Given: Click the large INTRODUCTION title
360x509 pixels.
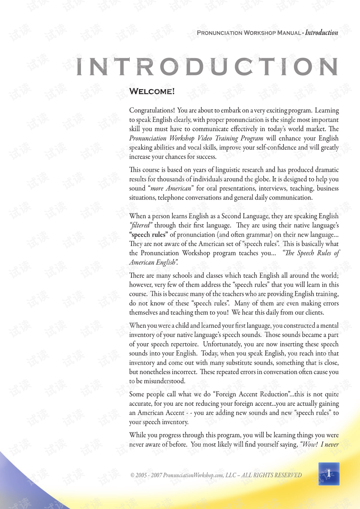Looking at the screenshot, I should click(x=207, y=67).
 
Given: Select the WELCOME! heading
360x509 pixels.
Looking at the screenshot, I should click(x=152, y=92).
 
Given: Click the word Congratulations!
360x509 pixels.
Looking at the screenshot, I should click(x=152, y=110).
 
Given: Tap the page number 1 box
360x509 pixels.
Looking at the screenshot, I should click(x=329, y=474).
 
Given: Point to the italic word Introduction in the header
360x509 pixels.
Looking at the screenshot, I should click(x=321, y=33).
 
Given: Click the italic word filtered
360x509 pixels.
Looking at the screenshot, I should click(x=141, y=225).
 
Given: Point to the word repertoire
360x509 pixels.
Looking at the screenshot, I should click(x=184, y=344).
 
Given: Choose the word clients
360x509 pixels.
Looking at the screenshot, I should click(x=314, y=312).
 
